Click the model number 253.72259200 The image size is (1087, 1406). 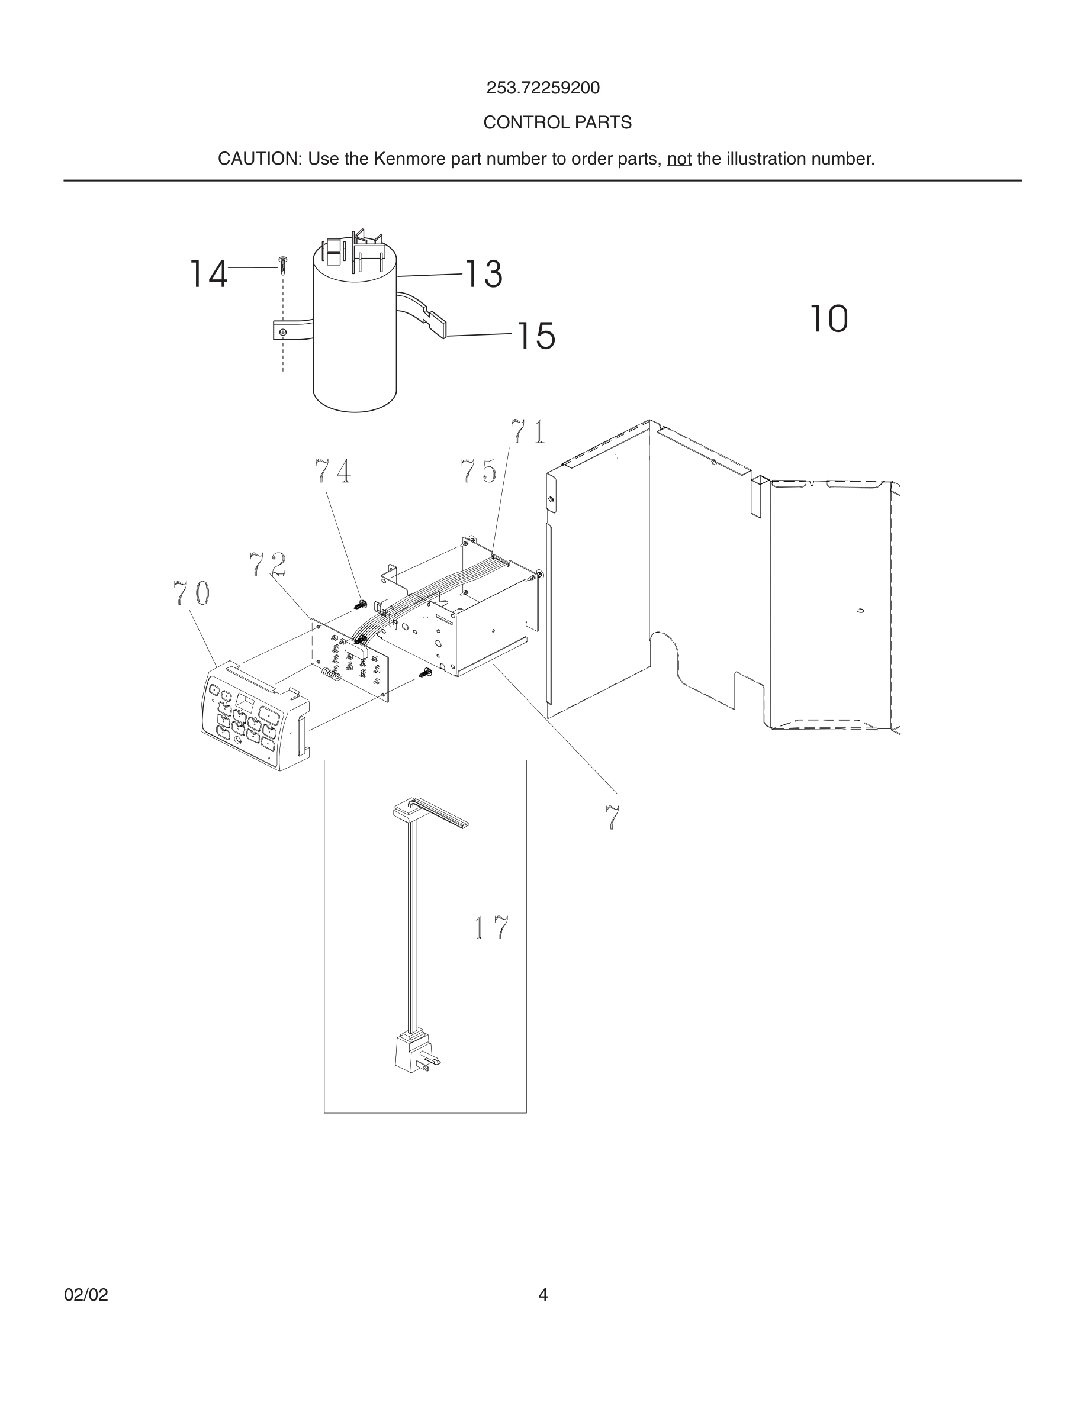pyautogui.click(x=542, y=88)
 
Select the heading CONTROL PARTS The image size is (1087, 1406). pyautogui.click(x=557, y=122)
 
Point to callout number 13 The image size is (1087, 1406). pyautogui.click(x=483, y=273)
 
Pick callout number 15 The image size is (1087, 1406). pyautogui.click(x=536, y=336)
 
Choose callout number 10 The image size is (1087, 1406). pyautogui.click(x=828, y=319)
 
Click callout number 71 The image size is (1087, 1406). pyautogui.click(x=528, y=431)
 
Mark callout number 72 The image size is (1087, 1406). pyautogui.click(x=267, y=565)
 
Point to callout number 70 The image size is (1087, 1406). pyautogui.click(x=191, y=593)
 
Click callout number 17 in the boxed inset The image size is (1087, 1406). pyautogui.click(x=491, y=928)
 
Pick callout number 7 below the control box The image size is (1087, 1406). pyautogui.click(x=612, y=818)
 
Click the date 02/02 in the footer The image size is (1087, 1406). pyautogui.click(x=86, y=1295)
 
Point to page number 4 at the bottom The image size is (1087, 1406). pyautogui.click(x=543, y=1295)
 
